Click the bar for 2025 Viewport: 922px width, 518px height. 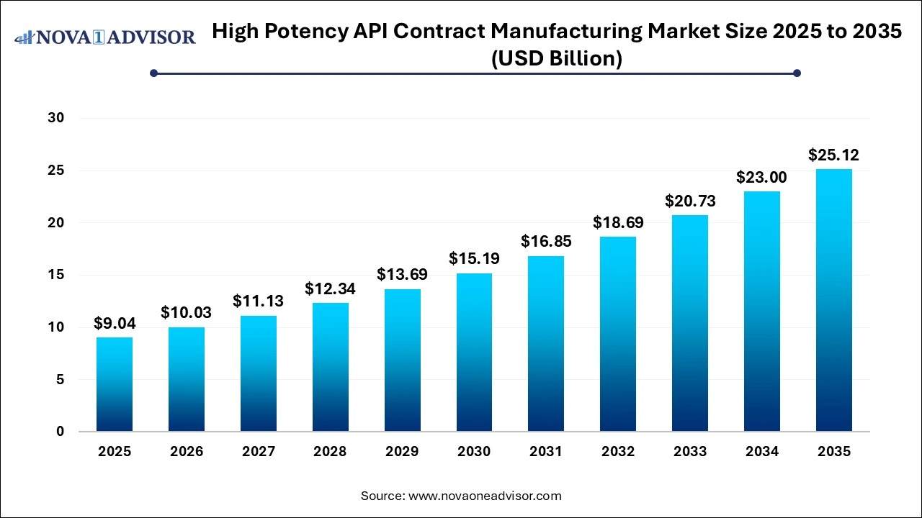(x=115, y=384)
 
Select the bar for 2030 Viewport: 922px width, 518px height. (x=474, y=353)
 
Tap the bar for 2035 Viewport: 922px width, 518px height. (x=833, y=300)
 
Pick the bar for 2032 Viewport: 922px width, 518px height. (x=618, y=334)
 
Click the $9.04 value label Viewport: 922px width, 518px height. (x=115, y=324)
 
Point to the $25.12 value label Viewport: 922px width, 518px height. (x=833, y=155)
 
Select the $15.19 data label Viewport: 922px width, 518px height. (x=474, y=259)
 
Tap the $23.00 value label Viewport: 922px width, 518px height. (x=761, y=177)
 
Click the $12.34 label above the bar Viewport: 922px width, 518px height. (x=330, y=289)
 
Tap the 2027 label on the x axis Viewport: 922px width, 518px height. (x=258, y=452)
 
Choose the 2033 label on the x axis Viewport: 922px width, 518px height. (x=690, y=452)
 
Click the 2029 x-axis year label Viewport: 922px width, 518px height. (x=402, y=452)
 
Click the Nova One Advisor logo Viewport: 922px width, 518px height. (x=105, y=37)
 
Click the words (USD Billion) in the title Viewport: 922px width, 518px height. (x=556, y=58)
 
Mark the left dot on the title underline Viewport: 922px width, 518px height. (x=153, y=73)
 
